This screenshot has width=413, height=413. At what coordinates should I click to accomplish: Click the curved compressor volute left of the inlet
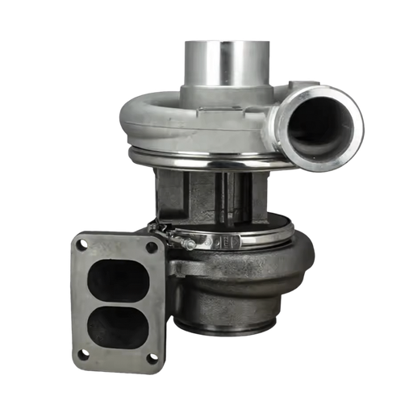click(153, 121)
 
